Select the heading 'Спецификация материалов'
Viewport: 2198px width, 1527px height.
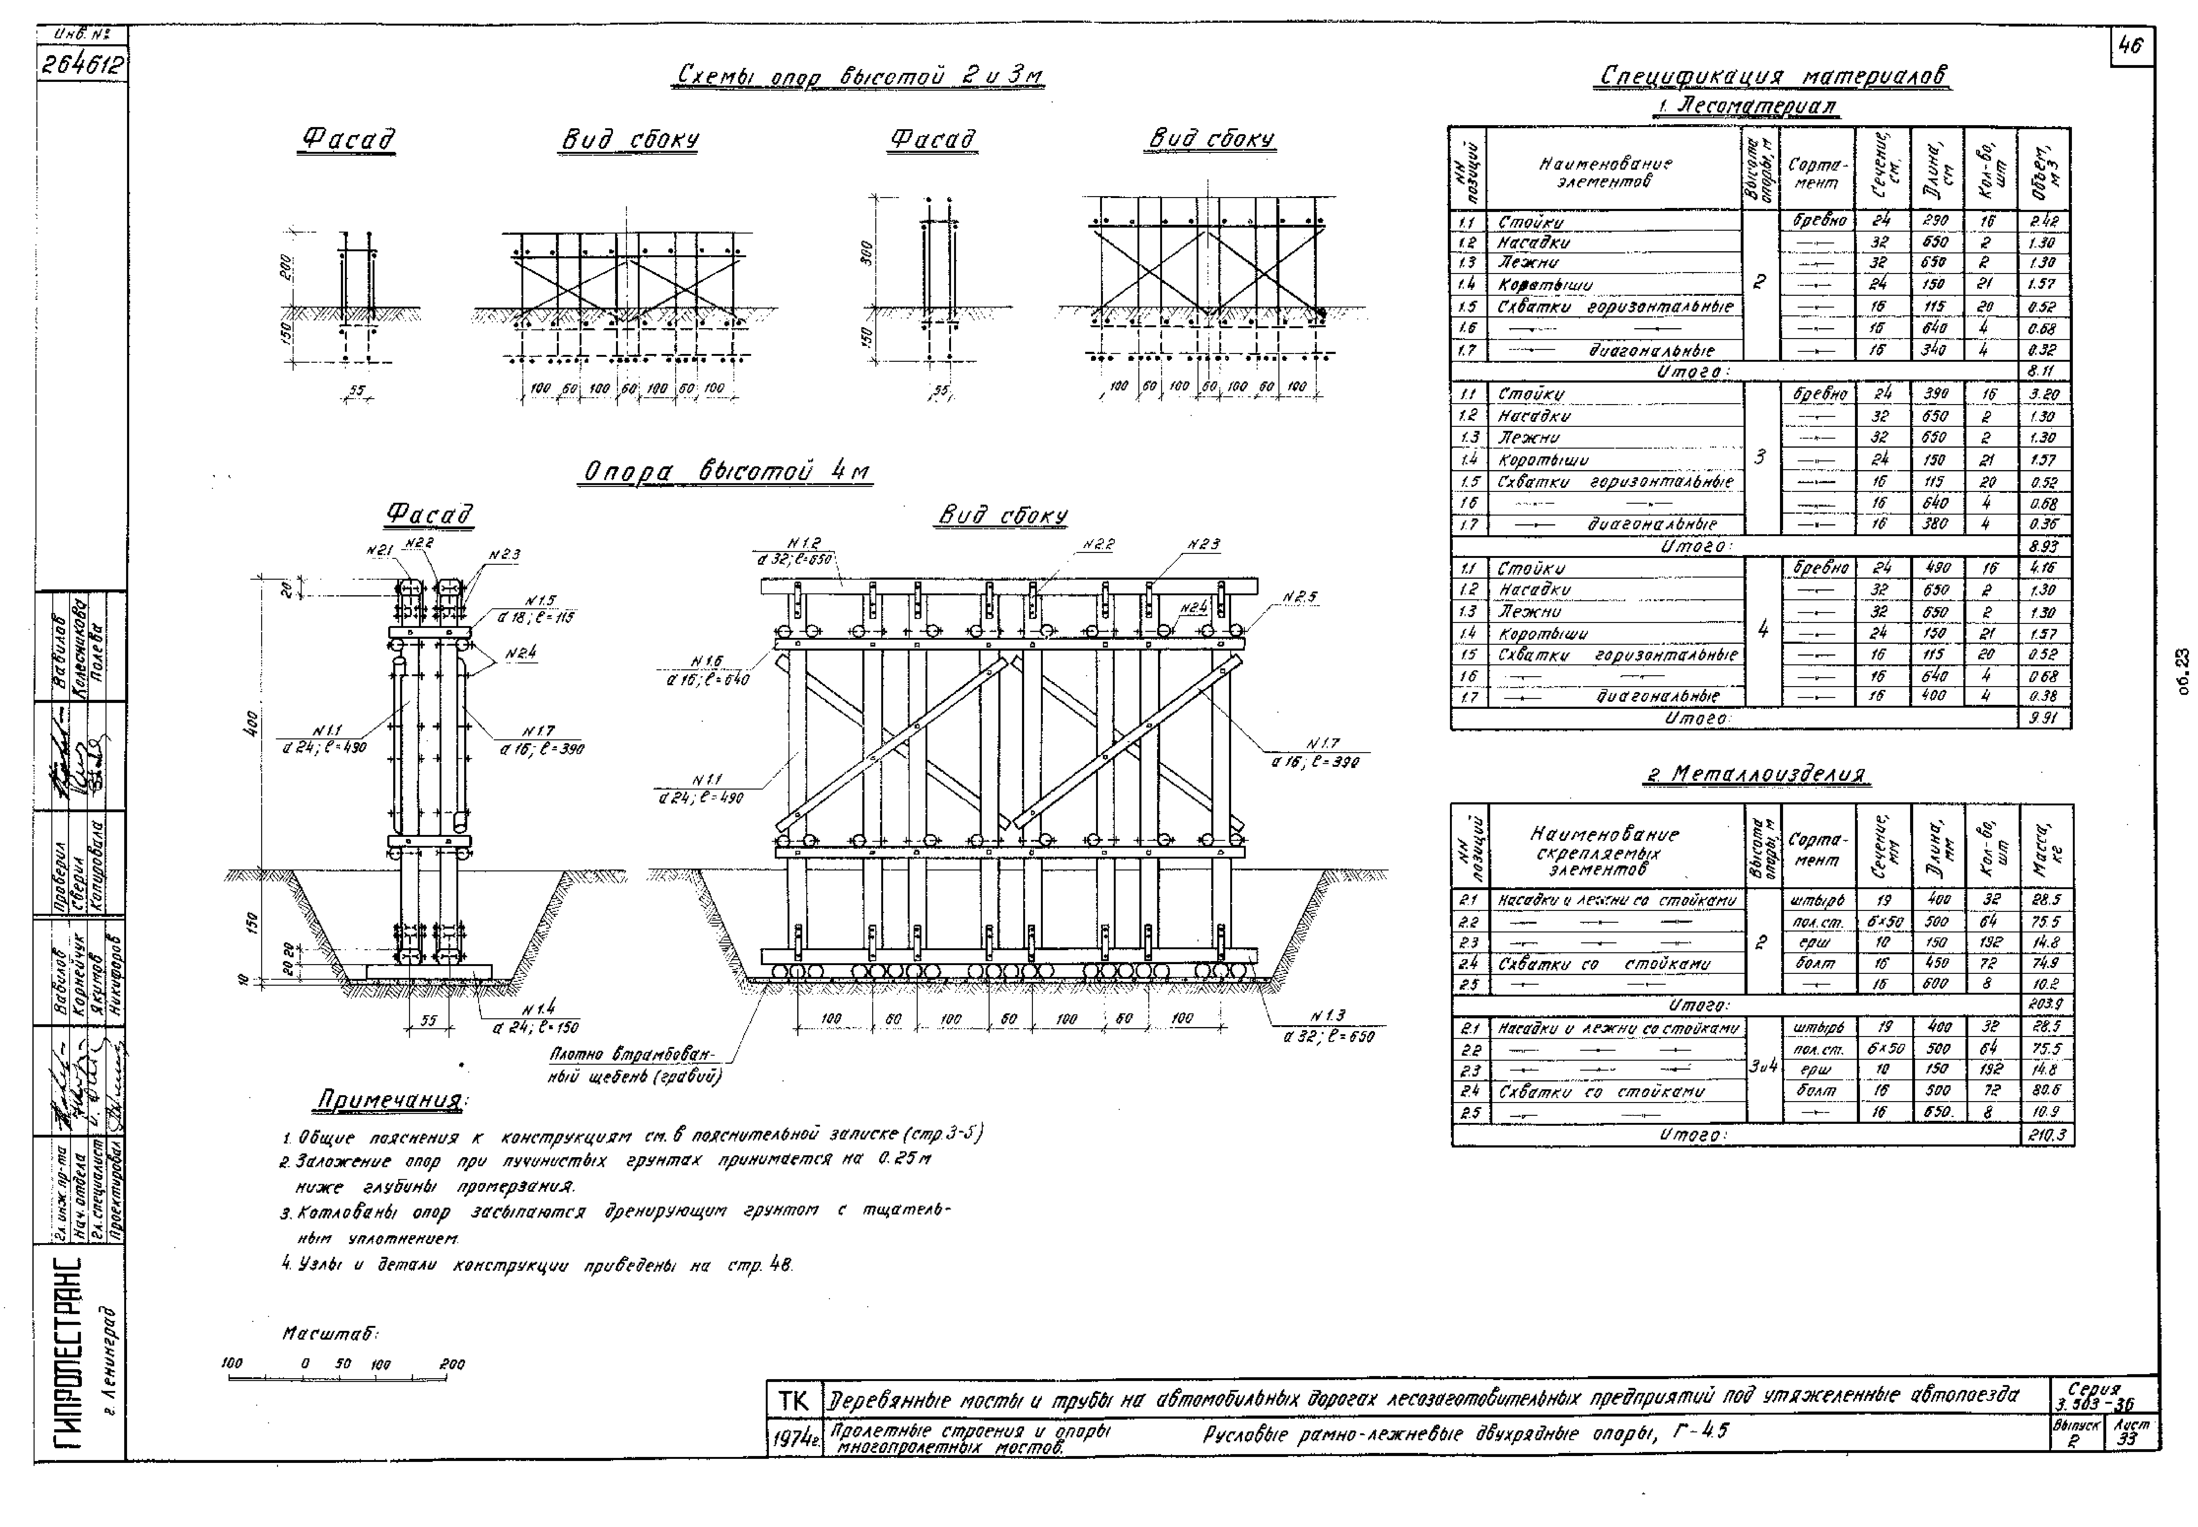click(x=1771, y=75)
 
